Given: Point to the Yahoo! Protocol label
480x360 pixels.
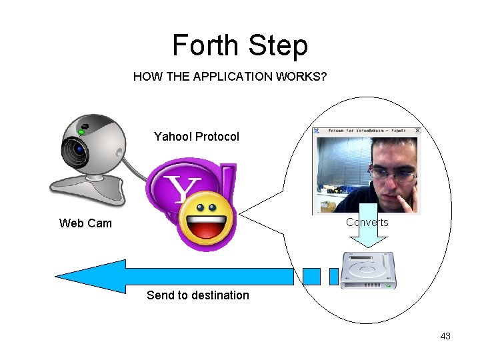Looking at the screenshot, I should point(196,137).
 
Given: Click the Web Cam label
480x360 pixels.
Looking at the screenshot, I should point(85,223).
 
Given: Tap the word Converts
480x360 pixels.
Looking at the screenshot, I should point(367,222).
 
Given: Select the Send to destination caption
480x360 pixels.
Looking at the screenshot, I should point(197,295).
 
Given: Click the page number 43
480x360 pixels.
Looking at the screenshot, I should point(445,336).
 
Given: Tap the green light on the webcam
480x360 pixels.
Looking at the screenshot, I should point(81,132).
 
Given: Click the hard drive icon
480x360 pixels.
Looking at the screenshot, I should point(367,270).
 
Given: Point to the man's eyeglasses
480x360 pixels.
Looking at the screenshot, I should point(393,175).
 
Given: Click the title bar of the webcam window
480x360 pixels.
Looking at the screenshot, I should point(367,131).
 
